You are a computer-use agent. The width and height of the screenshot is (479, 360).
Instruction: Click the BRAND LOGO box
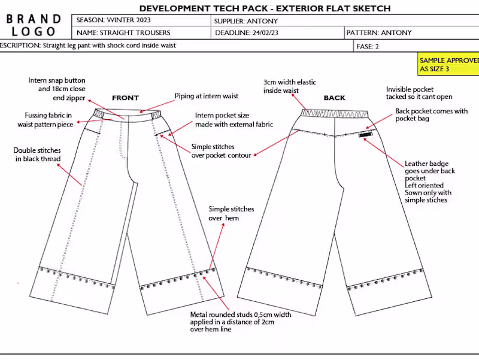34,26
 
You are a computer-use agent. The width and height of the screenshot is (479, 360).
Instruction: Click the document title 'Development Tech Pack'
265,8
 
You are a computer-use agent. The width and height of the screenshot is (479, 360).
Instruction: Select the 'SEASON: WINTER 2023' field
114,20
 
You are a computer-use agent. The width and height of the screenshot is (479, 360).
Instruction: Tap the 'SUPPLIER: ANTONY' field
245,20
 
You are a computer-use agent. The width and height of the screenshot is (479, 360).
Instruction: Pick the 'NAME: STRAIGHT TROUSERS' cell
123,32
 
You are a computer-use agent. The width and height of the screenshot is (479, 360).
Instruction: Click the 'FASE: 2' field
368,46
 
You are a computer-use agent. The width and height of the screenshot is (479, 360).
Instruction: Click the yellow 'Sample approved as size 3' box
448,65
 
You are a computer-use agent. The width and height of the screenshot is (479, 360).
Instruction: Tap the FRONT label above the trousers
125,98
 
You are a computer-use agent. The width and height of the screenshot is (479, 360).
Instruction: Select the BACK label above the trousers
335,98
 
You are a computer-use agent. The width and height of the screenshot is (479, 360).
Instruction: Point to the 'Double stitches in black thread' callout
38,155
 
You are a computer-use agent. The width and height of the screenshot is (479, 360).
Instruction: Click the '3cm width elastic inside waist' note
290,86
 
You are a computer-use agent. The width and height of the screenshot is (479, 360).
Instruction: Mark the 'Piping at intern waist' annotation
206,96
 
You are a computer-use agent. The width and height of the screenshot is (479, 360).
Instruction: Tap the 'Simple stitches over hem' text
231,214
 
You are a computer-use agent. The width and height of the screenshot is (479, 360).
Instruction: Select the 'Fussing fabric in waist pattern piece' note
45,120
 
